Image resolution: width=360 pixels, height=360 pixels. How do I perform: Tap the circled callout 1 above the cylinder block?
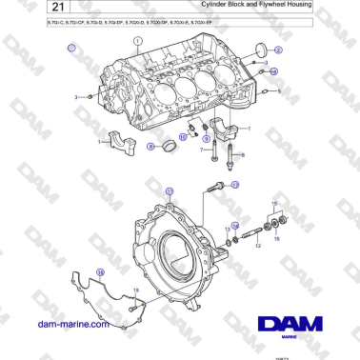[139, 41]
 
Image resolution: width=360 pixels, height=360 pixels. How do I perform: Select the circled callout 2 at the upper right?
[278, 49]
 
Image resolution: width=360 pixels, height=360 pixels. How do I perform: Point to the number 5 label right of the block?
[278, 90]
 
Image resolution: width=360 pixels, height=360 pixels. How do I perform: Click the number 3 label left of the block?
[76, 97]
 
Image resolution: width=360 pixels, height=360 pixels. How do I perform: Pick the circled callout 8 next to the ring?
[151, 146]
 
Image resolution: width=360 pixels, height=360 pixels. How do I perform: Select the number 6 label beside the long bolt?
[242, 155]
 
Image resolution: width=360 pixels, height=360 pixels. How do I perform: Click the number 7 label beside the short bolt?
[201, 150]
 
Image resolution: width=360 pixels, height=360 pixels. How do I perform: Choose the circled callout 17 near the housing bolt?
[235, 184]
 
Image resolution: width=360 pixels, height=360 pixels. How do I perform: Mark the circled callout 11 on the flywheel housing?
[170, 191]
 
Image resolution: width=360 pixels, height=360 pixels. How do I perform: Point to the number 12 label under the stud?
[258, 246]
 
